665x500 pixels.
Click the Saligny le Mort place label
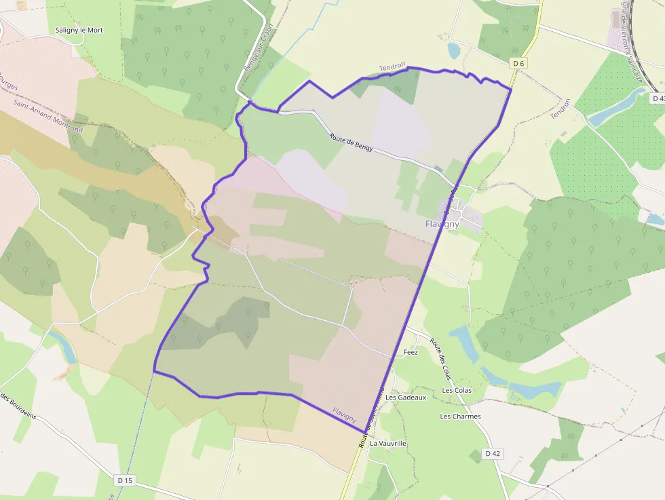79,31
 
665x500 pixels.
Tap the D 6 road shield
518,63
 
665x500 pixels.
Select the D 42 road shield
493,453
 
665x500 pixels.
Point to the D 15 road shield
125,480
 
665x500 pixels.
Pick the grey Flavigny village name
442,224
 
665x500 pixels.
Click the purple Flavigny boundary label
345,415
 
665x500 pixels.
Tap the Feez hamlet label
411,352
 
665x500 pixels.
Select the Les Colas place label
457,390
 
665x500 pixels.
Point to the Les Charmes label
460,417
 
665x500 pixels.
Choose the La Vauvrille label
387,443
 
